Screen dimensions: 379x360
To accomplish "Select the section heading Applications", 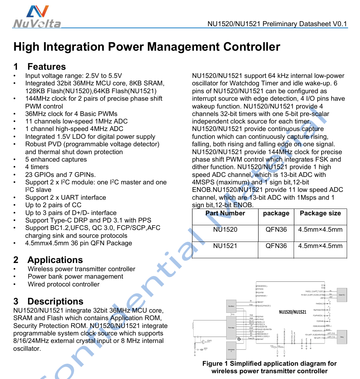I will (55, 260).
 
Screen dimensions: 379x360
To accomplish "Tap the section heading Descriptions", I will (55, 301).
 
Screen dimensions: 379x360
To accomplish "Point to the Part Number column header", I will (225, 213).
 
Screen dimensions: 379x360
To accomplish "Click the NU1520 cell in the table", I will (225, 230).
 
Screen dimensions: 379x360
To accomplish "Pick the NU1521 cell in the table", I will (225, 246).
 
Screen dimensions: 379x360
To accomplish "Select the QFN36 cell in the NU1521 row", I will (276, 246).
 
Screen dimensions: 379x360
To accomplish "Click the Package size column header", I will (320, 213).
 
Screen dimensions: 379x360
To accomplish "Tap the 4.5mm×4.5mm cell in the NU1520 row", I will (320, 230).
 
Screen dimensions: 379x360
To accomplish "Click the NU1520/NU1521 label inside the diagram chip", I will (292, 312).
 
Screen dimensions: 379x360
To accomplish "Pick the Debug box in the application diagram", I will (342, 336).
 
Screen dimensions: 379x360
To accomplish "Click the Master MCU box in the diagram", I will (342, 295).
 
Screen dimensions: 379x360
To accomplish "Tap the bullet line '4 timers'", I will (37, 167).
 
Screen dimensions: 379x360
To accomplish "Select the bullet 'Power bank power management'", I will (75, 277).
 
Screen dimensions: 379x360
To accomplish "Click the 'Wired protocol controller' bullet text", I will (64, 284).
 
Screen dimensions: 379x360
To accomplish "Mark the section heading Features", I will (47, 67).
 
